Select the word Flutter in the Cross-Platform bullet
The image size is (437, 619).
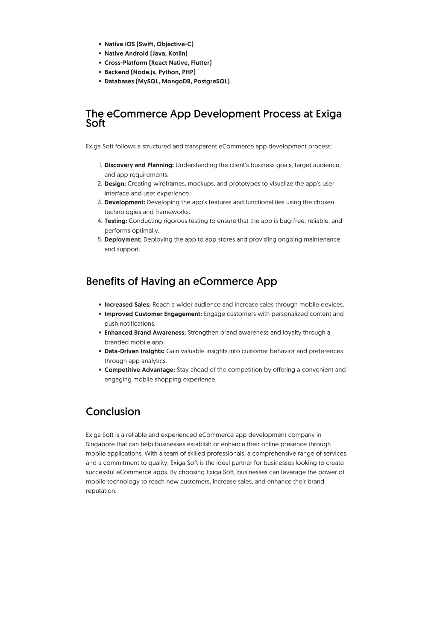pyautogui.click(x=201, y=63)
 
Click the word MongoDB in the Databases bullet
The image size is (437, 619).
pyautogui.click(x=176, y=81)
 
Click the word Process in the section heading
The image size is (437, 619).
pyautogui.click(x=282, y=114)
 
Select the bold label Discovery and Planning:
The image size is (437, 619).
pyautogui.click(x=139, y=165)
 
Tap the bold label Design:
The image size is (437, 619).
pyautogui.click(x=115, y=184)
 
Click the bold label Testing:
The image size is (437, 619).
pyautogui.click(x=116, y=221)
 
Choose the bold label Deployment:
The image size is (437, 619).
pyautogui.click(x=123, y=239)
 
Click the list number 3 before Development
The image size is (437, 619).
pyautogui.click(x=100, y=202)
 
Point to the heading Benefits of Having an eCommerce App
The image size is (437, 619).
pyautogui.click(x=181, y=281)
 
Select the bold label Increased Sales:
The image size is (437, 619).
pyautogui.click(x=127, y=305)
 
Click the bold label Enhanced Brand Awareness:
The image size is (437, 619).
pyautogui.click(x=145, y=333)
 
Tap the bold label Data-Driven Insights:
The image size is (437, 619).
pyautogui.click(x=134, y=351)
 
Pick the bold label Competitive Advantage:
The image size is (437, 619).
pyautogui.click(x=140, y=370)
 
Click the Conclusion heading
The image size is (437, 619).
pyautogui.click(x=113, y=412)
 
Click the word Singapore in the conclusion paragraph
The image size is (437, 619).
pyautogui.click(x=100, y=444)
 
